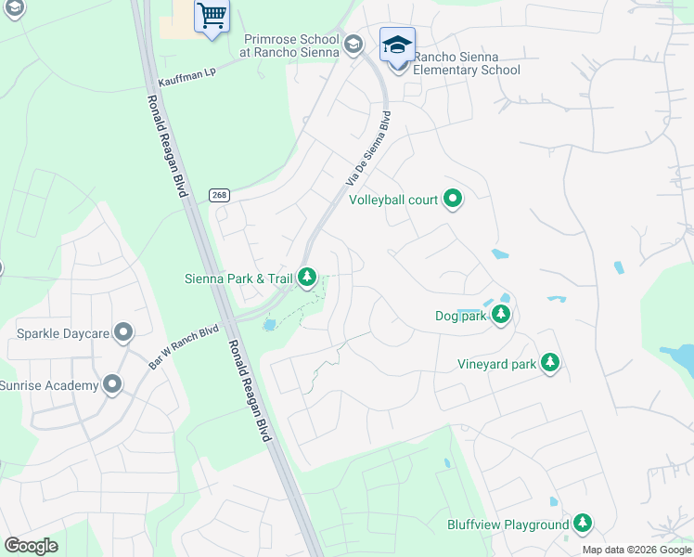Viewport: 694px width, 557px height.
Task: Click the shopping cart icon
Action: pyautogui.click(x=212, y=16)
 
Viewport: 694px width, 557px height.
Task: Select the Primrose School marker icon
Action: pyautogui.click(x=353, y=45)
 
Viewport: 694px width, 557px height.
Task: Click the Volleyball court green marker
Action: pyautogui.click(x=454, y=198)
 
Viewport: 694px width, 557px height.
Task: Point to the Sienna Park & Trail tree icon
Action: pyautogui.click(x=307, y=277)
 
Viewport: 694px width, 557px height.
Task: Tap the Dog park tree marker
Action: pyautogui.click(x=501, y=315)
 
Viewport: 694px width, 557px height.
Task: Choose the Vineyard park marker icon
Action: pyautogui.click(x=550, y=362)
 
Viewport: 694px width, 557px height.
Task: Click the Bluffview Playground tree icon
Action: pyautogui.click(x=583, y=524)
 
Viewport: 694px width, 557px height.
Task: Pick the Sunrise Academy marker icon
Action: pyautogui.click(x=112, y=384)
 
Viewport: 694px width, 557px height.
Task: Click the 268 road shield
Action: pyautogui.click(x=219, y=195)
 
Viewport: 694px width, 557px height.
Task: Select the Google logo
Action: pyautogui.click(x=31, y=546)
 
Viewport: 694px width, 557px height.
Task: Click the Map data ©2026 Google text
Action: pyautogui.click(x=636, y=550)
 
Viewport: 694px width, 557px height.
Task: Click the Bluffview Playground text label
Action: pyautogui.click(x=508, y=525)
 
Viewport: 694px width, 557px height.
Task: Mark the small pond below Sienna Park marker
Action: pyautogui.click(x=270, y=324)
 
